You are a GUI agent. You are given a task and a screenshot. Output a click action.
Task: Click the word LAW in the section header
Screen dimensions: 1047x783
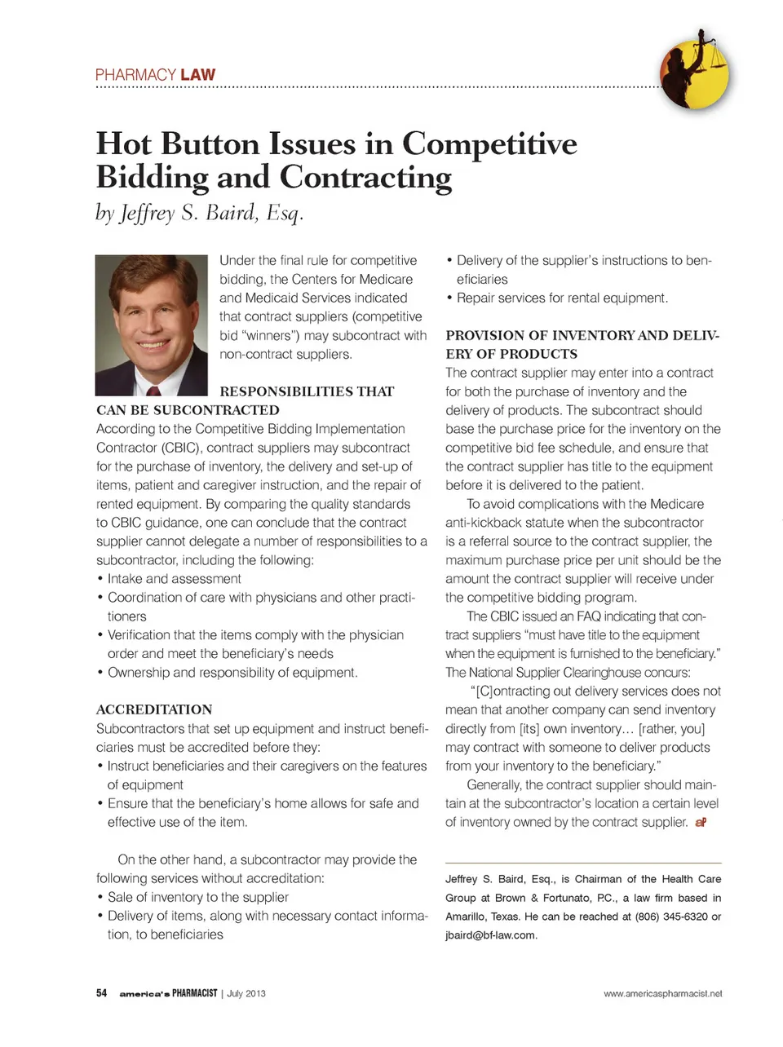point(198,75)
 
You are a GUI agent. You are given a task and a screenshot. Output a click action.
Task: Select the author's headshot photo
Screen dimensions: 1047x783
point(152,325)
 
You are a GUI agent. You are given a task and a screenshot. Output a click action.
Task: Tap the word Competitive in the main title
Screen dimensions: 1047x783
point(489,144)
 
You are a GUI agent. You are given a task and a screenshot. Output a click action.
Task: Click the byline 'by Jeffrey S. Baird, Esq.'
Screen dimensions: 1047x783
point(200,214)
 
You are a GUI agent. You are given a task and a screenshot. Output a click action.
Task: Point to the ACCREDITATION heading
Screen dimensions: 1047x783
point(154,709)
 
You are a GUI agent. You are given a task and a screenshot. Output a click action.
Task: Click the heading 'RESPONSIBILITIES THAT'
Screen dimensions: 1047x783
point(307,391)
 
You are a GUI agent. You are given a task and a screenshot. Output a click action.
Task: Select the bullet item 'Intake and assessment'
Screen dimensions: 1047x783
point(174,579)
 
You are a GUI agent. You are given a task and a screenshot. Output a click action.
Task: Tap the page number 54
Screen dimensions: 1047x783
point(102,993)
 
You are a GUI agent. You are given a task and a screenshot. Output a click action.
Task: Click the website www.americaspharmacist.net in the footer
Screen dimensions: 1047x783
point(662,993)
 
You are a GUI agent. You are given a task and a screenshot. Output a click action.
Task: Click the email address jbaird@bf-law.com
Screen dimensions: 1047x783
point(490,935)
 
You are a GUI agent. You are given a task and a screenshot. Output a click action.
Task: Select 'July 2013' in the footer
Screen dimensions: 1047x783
point(246,993)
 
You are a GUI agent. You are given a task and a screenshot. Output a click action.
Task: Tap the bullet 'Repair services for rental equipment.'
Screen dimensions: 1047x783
point(562,298)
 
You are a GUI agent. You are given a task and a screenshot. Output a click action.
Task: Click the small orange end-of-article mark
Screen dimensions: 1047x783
point(701,823)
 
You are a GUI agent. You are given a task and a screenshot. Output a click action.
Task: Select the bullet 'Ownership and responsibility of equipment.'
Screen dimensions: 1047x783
point(232,673)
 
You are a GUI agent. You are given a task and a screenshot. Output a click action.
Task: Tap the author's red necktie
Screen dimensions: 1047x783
point(153,391)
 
